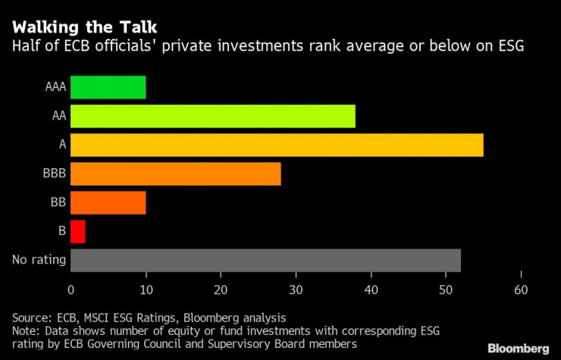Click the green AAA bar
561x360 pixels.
click(x=108, y=88)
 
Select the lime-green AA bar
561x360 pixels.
click(x=212, y=117)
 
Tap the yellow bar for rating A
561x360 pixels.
click(x=277, y=145)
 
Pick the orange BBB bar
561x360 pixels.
click(x=175, y=174)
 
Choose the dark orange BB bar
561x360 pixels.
click(x=108, y=202)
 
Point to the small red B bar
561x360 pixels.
click(x=77, y=231)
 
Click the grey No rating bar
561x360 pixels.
click(x=265, y=260)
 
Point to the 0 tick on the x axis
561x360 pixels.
click(x=71, y=289)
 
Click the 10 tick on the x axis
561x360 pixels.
click(x=146, y=289)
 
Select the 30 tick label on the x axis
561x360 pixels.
click(x=296, y=289)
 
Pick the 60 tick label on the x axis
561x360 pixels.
click(x=521, y=289)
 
